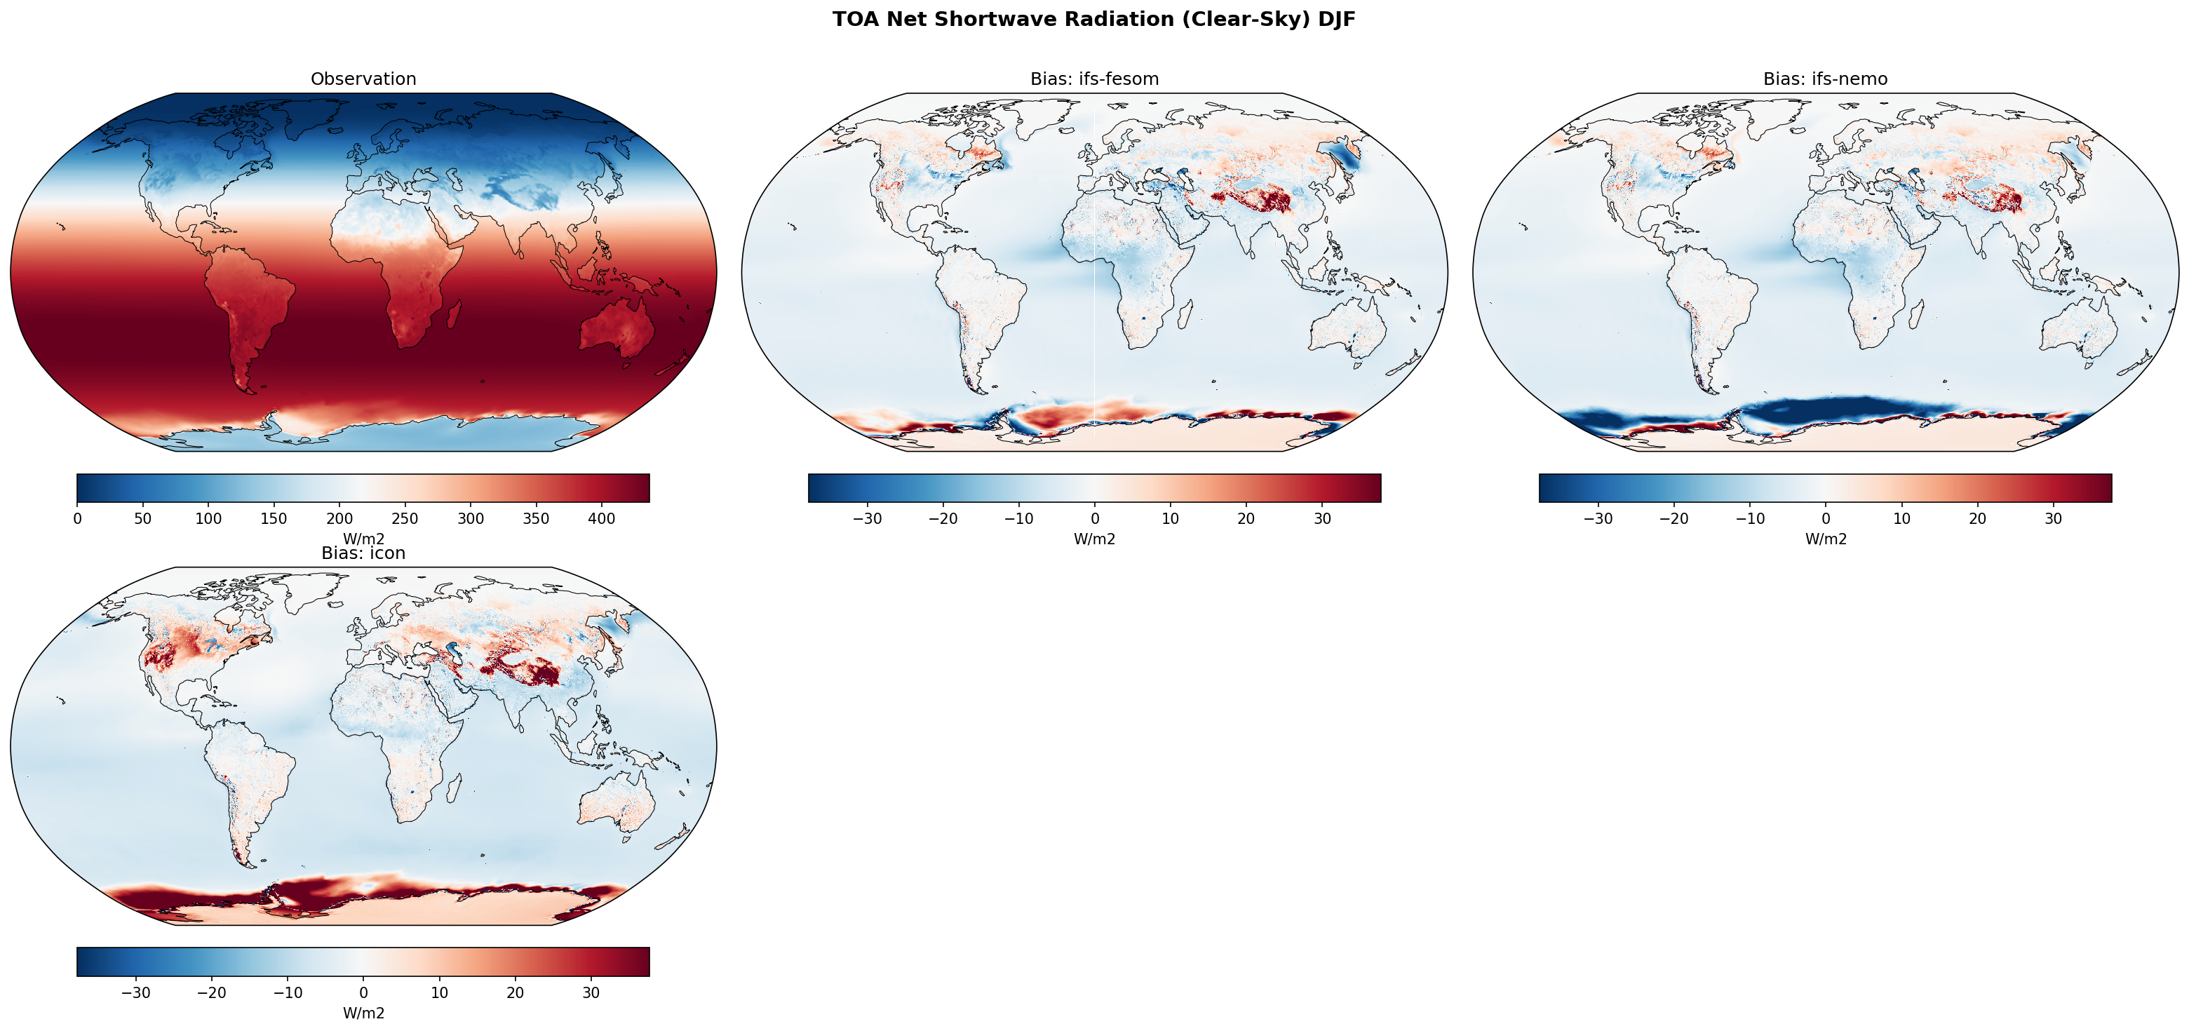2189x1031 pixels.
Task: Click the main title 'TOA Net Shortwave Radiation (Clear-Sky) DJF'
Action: [x=1093, y=20]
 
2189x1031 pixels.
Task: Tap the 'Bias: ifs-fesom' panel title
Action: [x=1093, y=79]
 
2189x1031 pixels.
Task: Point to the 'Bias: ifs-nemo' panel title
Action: [x=1825, y=79]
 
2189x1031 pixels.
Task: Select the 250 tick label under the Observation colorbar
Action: [x=405, y=518]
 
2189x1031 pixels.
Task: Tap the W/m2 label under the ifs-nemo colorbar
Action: [x=1825, y=539]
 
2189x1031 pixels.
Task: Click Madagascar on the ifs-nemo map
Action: [x=1915, y=318]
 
